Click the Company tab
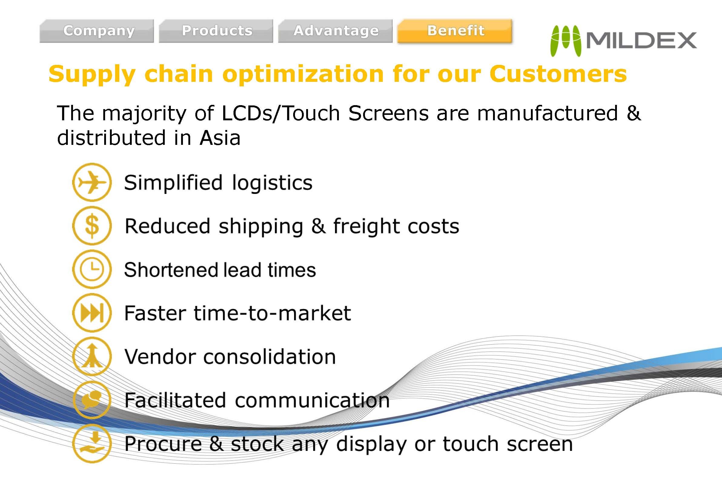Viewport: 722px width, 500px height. pos(96,31)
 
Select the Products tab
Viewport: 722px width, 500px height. pos(216,31)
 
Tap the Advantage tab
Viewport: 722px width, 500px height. pos(335,31)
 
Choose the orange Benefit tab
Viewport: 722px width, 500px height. pos(455,31)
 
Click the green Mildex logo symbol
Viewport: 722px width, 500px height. pos(565,41)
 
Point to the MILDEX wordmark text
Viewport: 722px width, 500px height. pos(641,40)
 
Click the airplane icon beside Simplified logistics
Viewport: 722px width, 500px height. pos(92,182)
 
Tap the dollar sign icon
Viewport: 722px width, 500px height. pos(92,225)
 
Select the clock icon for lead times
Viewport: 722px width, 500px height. pos(92,269)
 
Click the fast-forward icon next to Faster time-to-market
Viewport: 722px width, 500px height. pos(92,313)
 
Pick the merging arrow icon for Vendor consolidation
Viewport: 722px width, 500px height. pos(92,356)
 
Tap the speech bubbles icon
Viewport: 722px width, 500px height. pos(92,400)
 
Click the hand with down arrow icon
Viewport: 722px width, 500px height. pos(92,443)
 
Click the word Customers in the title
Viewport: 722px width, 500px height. pos(558,74)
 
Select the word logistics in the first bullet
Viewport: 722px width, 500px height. pos(272,183)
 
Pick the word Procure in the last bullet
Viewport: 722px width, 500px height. pos(163,444)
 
